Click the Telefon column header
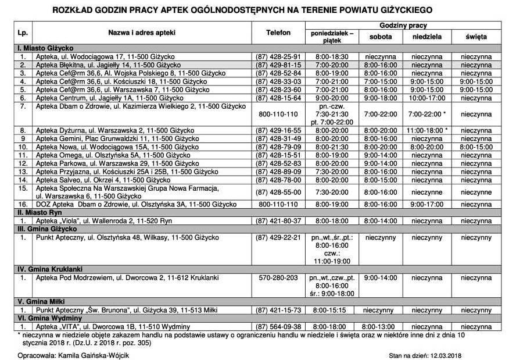(277, 32)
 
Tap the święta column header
(475, 37)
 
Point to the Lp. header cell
(23, 32)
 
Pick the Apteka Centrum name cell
(100, 98)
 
